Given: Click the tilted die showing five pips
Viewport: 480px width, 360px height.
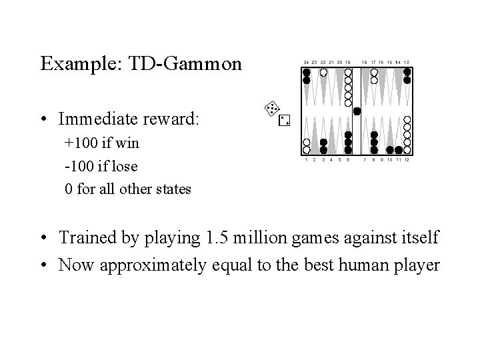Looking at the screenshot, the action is coord(271,107).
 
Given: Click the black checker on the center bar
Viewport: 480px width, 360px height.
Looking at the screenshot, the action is coord(357,111).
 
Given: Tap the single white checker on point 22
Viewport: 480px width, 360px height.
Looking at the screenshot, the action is coord(323,72).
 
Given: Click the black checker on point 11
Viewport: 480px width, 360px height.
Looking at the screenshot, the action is coord(399,150).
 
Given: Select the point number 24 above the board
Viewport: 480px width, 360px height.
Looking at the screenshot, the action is coord(306,62).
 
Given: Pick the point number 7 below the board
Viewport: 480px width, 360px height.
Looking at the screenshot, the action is coord(365,160).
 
